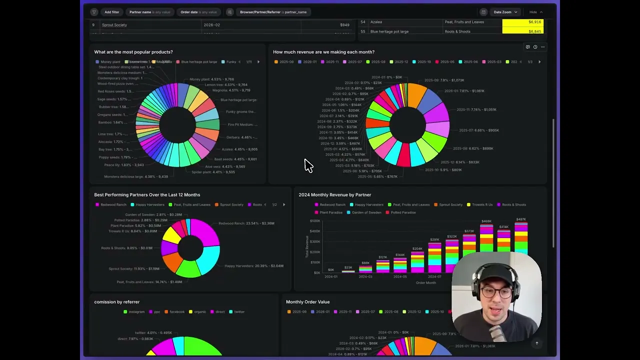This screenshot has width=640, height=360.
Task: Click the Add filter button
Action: tap(111, 12)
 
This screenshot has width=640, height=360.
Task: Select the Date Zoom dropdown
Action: tap(505, 12)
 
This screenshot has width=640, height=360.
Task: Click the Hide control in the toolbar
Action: tap(535, 12)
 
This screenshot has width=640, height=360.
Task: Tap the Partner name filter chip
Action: tap(149, 12)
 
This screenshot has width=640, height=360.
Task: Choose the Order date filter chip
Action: tap(198, 12)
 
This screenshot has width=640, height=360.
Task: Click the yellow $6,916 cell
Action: tap(522, 22)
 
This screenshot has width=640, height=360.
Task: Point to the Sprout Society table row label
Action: tap(114, 25)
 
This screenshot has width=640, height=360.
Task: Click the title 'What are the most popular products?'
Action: tap(133, 52)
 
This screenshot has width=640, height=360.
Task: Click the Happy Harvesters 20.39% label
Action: tap(253, 266)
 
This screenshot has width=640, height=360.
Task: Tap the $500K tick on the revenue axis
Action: tap(315, 220)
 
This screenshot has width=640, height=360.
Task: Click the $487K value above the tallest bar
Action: tap(521, 219)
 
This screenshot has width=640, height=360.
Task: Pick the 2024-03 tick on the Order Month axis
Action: tap(365, 276)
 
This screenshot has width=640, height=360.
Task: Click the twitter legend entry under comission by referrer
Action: tap(239, 312)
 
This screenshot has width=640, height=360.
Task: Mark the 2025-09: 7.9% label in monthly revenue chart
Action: tap(444, 80)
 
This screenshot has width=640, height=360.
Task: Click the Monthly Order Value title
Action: tap(307, 302)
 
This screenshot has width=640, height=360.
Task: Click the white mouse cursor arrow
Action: tap(307, 165)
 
